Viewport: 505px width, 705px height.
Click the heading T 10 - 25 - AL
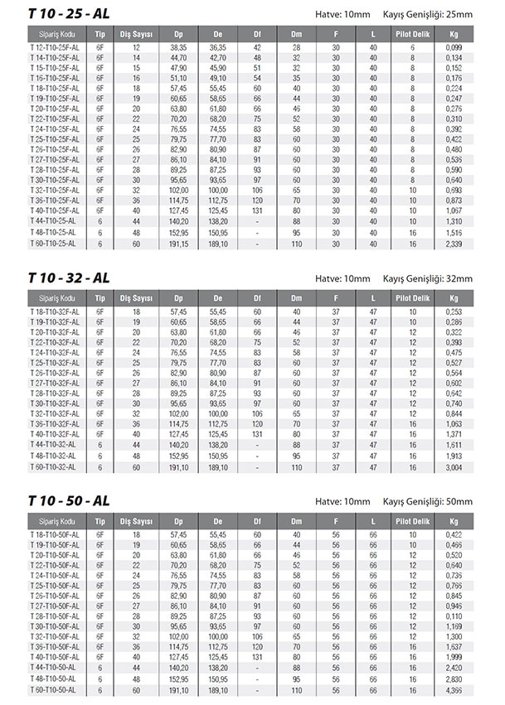[x=69, y=14]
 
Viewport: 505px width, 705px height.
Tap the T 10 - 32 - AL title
[x=69, y=277]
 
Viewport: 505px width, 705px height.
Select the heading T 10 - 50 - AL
[x=69, y=500]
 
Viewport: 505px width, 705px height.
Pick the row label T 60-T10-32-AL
[x=54, y=467]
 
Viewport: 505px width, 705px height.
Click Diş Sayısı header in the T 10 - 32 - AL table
[x=136, y=297]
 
